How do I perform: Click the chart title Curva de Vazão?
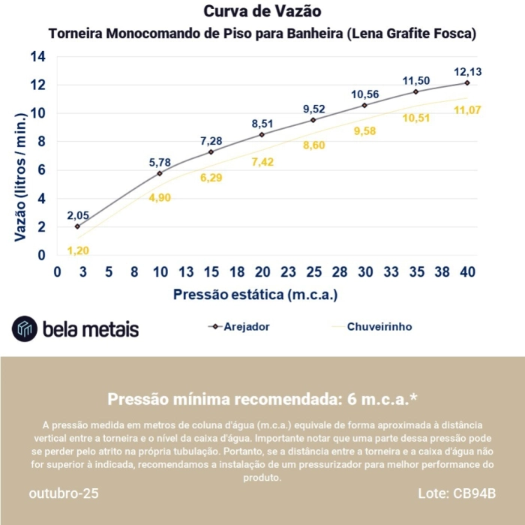point(262,12)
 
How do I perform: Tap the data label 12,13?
point(467,72)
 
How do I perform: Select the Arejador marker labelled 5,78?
point(160,173)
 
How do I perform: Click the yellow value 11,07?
point(467,110)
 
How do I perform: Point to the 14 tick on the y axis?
point(37,57)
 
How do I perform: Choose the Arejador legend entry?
point(239,327)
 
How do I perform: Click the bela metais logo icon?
point(25,328)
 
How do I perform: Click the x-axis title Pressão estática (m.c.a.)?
point(255,295)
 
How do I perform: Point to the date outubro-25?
point(63,493)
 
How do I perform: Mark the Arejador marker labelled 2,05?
point(77,226)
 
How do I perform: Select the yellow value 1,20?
point(78,250)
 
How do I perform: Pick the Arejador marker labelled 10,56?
point(364,106)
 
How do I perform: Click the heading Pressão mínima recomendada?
point(262,398)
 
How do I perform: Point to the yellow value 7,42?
point(263,162)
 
